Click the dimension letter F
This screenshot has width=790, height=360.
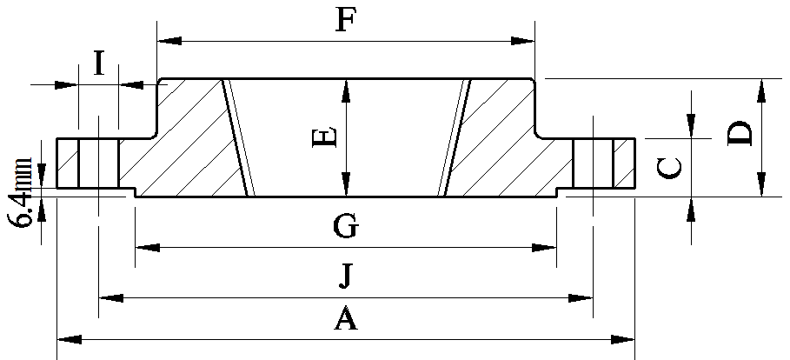(346, 20)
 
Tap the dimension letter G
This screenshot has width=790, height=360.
(346, 226)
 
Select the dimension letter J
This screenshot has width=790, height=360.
(345, 277)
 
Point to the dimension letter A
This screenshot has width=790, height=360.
(346, 319)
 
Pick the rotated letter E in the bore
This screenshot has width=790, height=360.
(324, 137)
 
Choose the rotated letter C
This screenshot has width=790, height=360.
(670, 168)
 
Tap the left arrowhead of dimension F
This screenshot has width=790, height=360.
(169, 41)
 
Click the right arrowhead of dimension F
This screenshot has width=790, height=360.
(522, 41)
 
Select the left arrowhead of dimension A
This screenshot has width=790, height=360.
(69, 339)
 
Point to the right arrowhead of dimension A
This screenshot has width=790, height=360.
(623, 339)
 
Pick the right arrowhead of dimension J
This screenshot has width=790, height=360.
(581, 298)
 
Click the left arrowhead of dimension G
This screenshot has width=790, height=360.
(148, 248)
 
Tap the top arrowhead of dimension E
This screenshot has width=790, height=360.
(346, 91)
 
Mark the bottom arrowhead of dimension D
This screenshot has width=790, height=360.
(760, 184)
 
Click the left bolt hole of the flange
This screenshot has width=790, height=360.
(99, 163)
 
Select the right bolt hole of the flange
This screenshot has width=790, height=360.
(593, 163)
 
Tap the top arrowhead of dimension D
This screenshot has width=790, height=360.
(760, 91)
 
